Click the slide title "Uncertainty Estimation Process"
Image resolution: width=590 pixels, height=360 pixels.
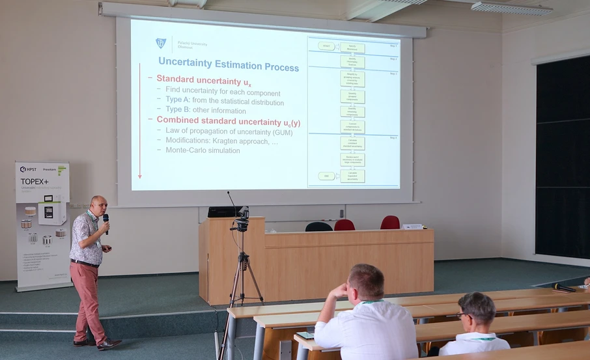(229, 67)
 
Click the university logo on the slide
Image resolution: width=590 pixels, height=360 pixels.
(161, 43)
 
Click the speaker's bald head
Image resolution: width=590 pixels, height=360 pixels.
(98, 203)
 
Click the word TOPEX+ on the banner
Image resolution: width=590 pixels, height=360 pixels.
(35, 182)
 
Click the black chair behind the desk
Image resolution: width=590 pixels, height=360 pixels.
(318, 227)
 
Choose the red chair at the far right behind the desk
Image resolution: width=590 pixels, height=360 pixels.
(390, 222)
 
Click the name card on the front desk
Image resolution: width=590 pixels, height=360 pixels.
(412, 227)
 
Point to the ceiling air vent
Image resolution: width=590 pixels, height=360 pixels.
(511, 8)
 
